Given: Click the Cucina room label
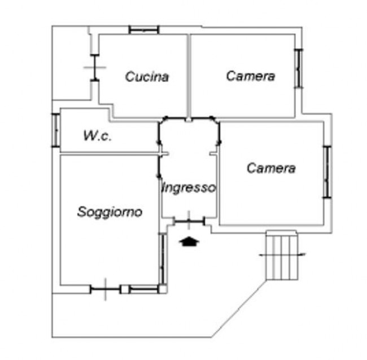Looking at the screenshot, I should point(147,76).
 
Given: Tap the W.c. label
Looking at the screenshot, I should point(97,135).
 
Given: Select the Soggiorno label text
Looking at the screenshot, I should point(110,212).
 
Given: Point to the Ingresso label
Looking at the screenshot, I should point(189,188).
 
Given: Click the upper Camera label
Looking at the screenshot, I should point(251,76).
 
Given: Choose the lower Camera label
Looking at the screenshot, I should point(271,168).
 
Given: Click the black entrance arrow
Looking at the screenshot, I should point(189,242).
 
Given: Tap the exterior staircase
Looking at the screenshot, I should point(282,255).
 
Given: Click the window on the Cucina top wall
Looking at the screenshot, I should point(143,29).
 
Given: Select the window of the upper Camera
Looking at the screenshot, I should point(299,68).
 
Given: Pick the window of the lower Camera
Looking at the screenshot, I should point(326,172).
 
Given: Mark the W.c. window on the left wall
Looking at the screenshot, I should point(55,130).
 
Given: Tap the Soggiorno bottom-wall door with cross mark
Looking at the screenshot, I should point(106,289).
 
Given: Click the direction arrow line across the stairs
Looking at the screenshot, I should point(282,254).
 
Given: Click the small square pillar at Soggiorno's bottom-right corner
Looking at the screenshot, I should point(163,289).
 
